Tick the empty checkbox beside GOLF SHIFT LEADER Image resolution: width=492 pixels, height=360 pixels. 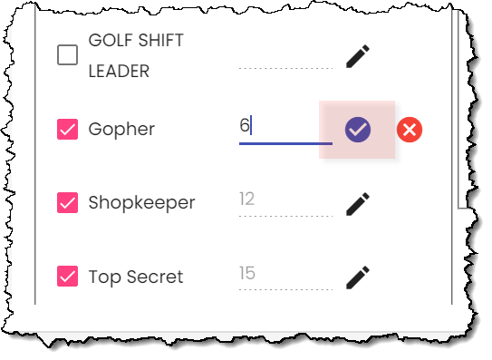[67, 55]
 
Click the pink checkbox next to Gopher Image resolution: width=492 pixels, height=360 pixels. [67, 129]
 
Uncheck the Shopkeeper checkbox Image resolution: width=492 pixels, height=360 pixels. [67, 202]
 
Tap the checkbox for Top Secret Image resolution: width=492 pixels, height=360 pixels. [67, 277]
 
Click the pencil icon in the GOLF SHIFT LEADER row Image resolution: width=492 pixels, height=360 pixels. [358, 56]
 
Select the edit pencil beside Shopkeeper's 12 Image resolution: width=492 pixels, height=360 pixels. [358, 204]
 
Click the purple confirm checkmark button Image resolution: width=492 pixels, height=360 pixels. [358, 130]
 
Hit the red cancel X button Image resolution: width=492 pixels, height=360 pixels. [410, 130]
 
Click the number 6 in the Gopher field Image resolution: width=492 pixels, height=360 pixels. [245, 125]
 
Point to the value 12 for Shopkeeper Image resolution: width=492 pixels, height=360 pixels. [246, 199]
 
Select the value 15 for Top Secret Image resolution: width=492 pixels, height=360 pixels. [247, 273]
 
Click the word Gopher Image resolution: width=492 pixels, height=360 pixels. [121, 130]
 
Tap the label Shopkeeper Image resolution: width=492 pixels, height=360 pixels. [141, 203]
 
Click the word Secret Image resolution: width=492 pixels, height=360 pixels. [155, 277]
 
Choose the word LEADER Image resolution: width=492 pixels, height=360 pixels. [119, 71]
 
